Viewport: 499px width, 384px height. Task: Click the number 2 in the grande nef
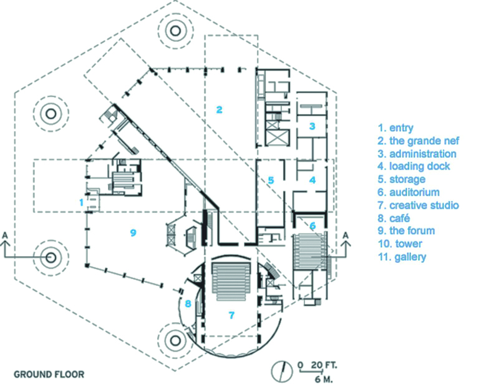click(219, 110)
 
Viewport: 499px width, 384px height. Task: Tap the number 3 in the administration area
click(312, 126)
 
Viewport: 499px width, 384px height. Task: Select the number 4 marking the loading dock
click(312, 180)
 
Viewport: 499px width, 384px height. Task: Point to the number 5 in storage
click(271, 180)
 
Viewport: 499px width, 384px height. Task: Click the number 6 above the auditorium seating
click(312, 225)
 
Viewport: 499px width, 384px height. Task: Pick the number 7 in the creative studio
click(231, 315)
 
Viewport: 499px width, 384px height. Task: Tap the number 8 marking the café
click(187, 304)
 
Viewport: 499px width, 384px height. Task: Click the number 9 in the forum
click(133, 232)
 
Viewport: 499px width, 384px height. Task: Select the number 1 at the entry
click(80, 202)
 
